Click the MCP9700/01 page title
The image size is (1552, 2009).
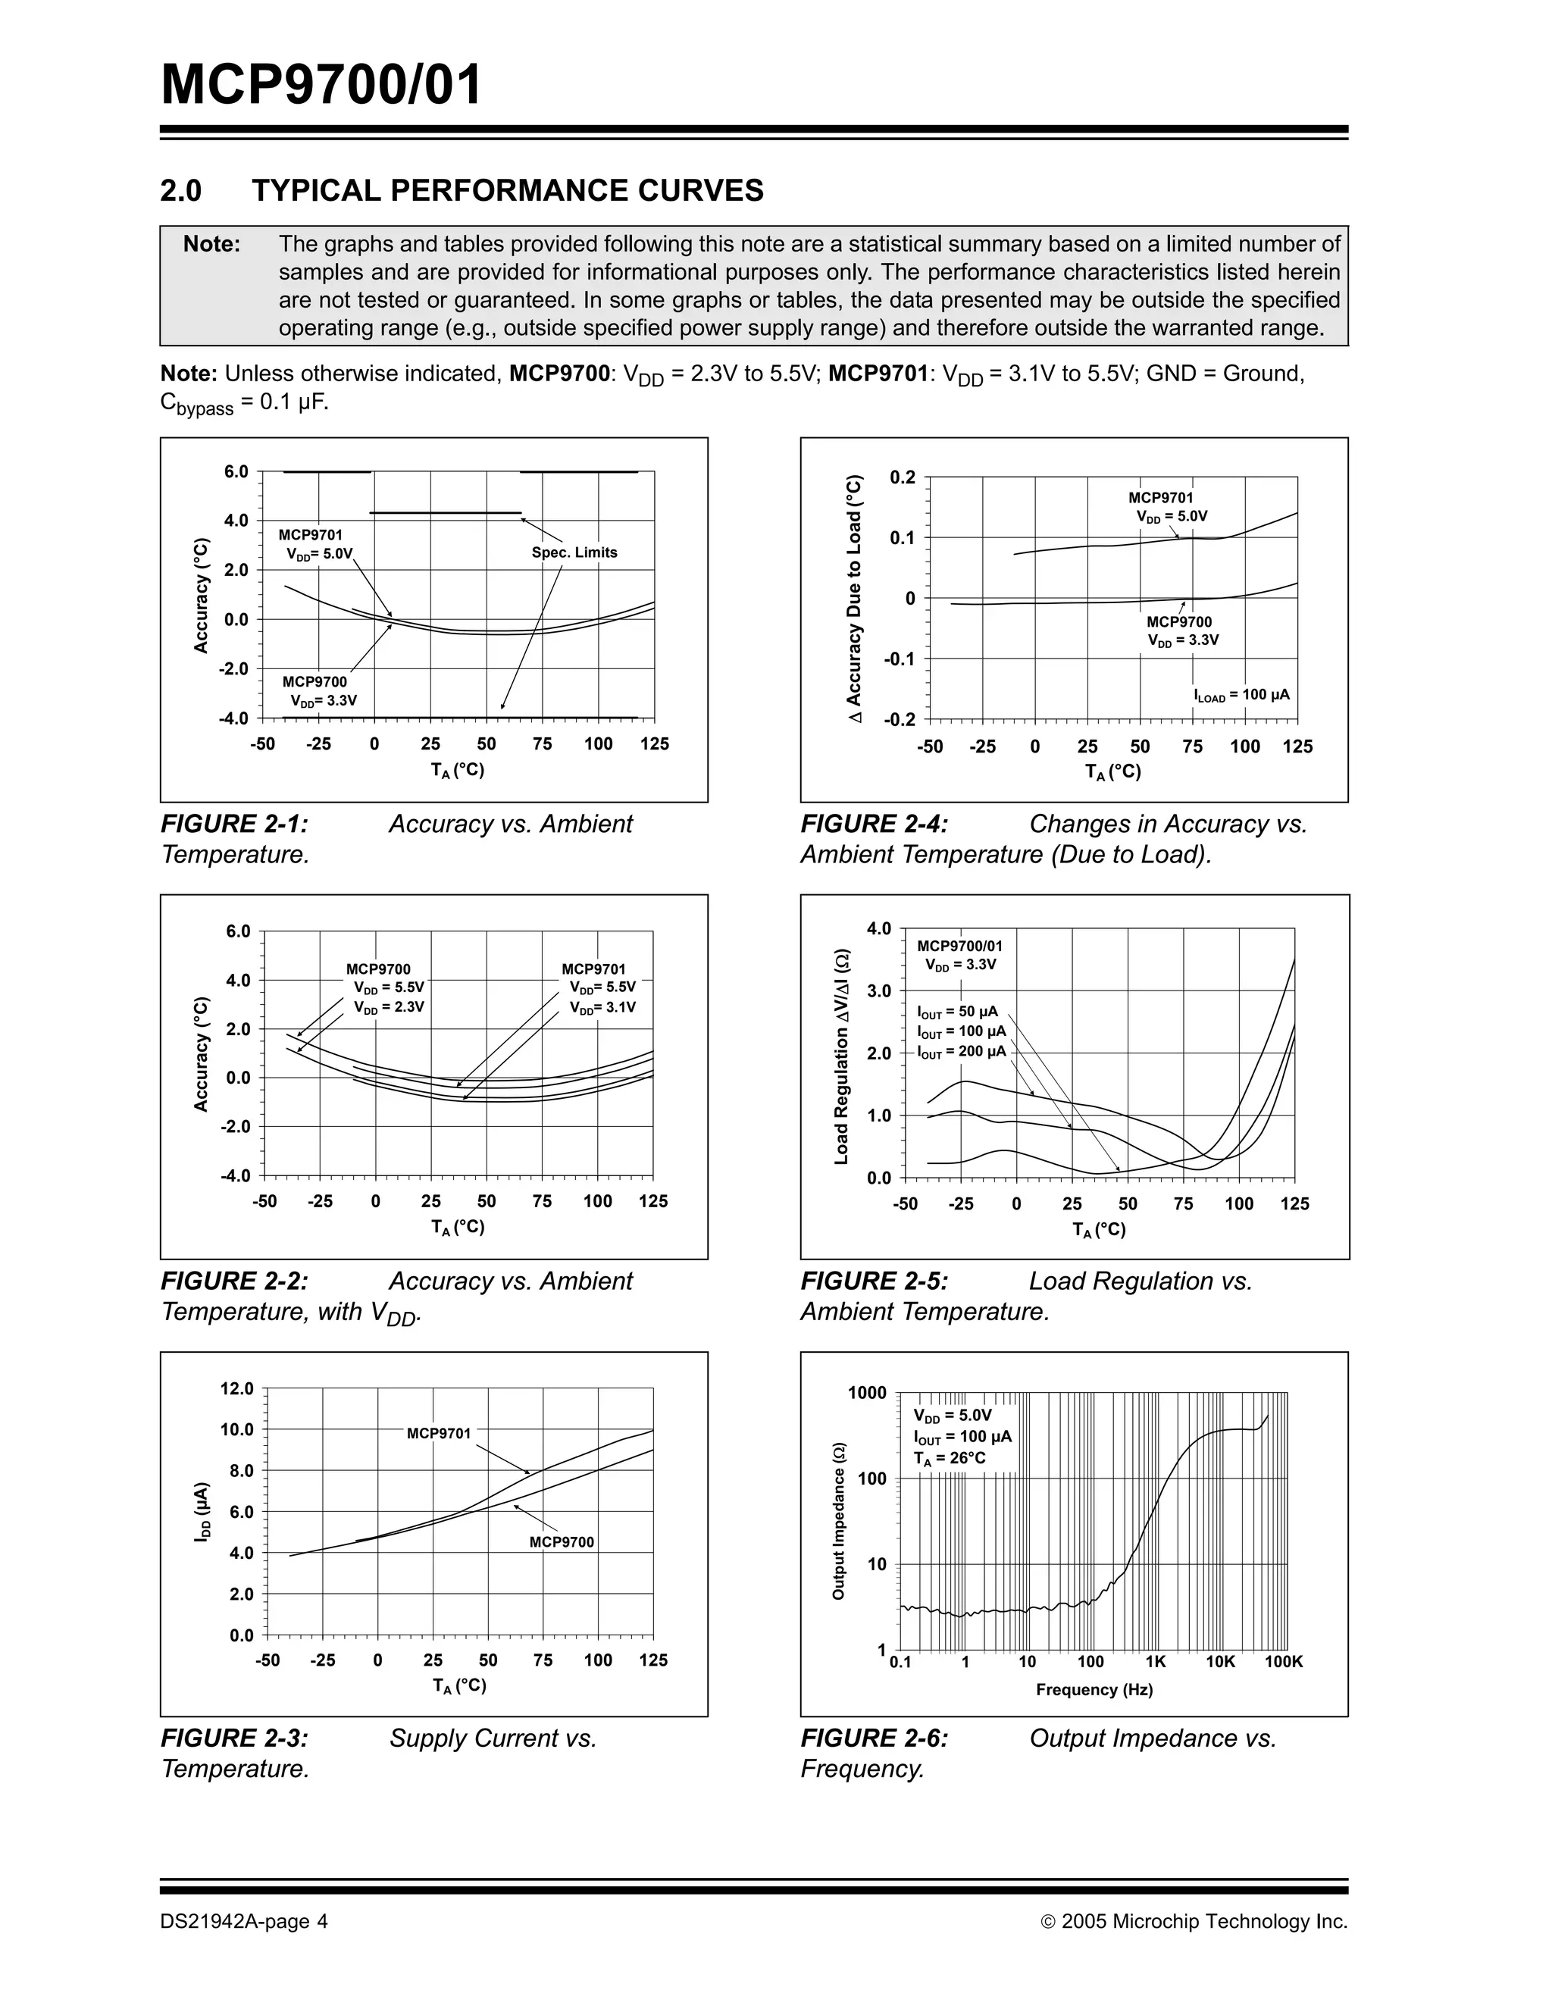[x=321, y=86]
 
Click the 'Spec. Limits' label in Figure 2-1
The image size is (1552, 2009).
[x=574, y=553]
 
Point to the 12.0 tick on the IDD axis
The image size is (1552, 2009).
[x=236, y=1388]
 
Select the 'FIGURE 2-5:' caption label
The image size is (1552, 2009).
[x=874, y=1281]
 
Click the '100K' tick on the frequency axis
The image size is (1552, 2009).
[x=1284, y=1662]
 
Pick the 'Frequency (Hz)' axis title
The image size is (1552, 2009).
[x=1094, y=1690]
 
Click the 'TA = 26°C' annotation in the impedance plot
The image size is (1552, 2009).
[x=950, y=1459]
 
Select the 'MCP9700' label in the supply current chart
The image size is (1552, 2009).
[x=562, y=1543]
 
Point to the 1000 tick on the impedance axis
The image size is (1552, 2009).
[x=868, y=1393]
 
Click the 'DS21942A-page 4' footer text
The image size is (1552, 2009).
[x=244, y=1922]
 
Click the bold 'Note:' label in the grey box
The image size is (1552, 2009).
[x=211, y=244]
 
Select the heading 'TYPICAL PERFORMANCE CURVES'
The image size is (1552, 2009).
[x=508, y=190]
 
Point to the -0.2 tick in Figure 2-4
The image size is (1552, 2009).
[x=900, y=719]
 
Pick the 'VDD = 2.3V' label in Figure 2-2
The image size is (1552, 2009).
[x=390, y=1007]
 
